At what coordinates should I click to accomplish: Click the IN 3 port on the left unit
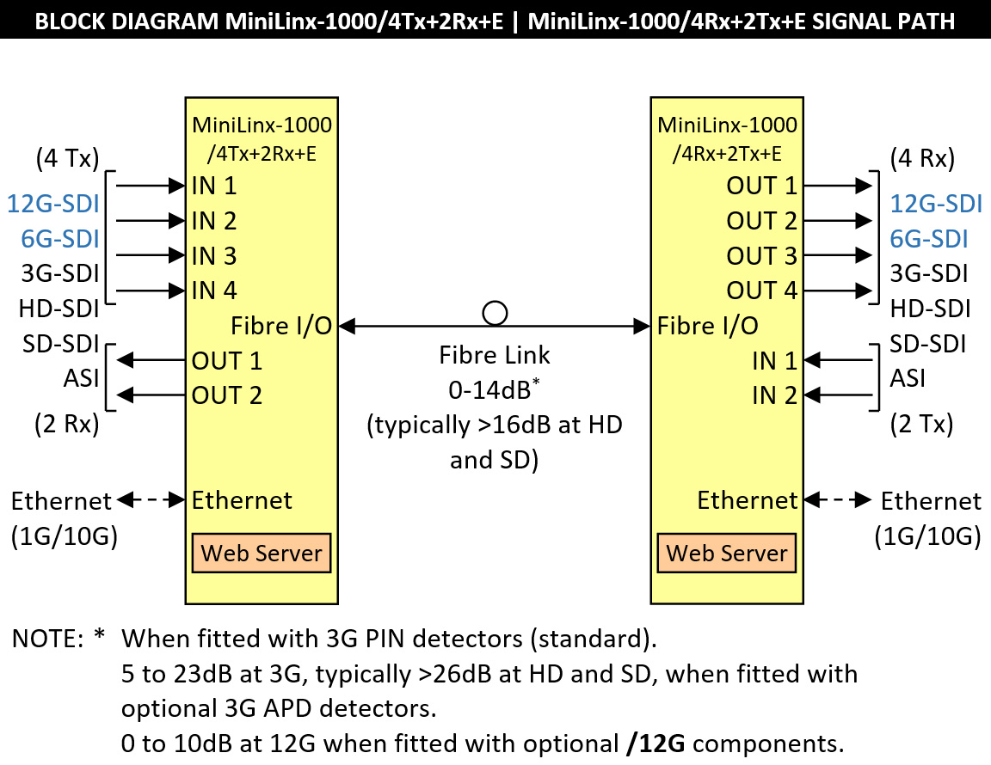click(x=214, y=256)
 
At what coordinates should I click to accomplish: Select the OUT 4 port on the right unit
click(x=762, y=291)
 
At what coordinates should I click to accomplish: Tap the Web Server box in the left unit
click(x=262, y=553)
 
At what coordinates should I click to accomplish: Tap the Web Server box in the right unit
click(x=727, y=553)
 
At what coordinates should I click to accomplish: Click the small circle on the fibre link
click(x=495, y=313)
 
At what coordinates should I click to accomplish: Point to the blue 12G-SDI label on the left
click(x=53, y=204)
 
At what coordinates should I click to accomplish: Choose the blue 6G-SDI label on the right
click(x=928, y=239)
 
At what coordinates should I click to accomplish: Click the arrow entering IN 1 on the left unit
click(x=151, y=185)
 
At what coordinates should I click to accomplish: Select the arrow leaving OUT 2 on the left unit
click(x=151, y=395)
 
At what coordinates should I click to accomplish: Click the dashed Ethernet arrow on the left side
click(x=151, y=499)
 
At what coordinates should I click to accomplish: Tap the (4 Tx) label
click(x=68, y=158)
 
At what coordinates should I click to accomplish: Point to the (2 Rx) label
click(x=68, y=424)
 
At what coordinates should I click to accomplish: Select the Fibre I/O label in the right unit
click(x=708, y=326)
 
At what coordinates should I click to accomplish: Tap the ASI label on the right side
click(x=908, y=378)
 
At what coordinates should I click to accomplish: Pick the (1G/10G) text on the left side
click(x=65, y=536)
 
